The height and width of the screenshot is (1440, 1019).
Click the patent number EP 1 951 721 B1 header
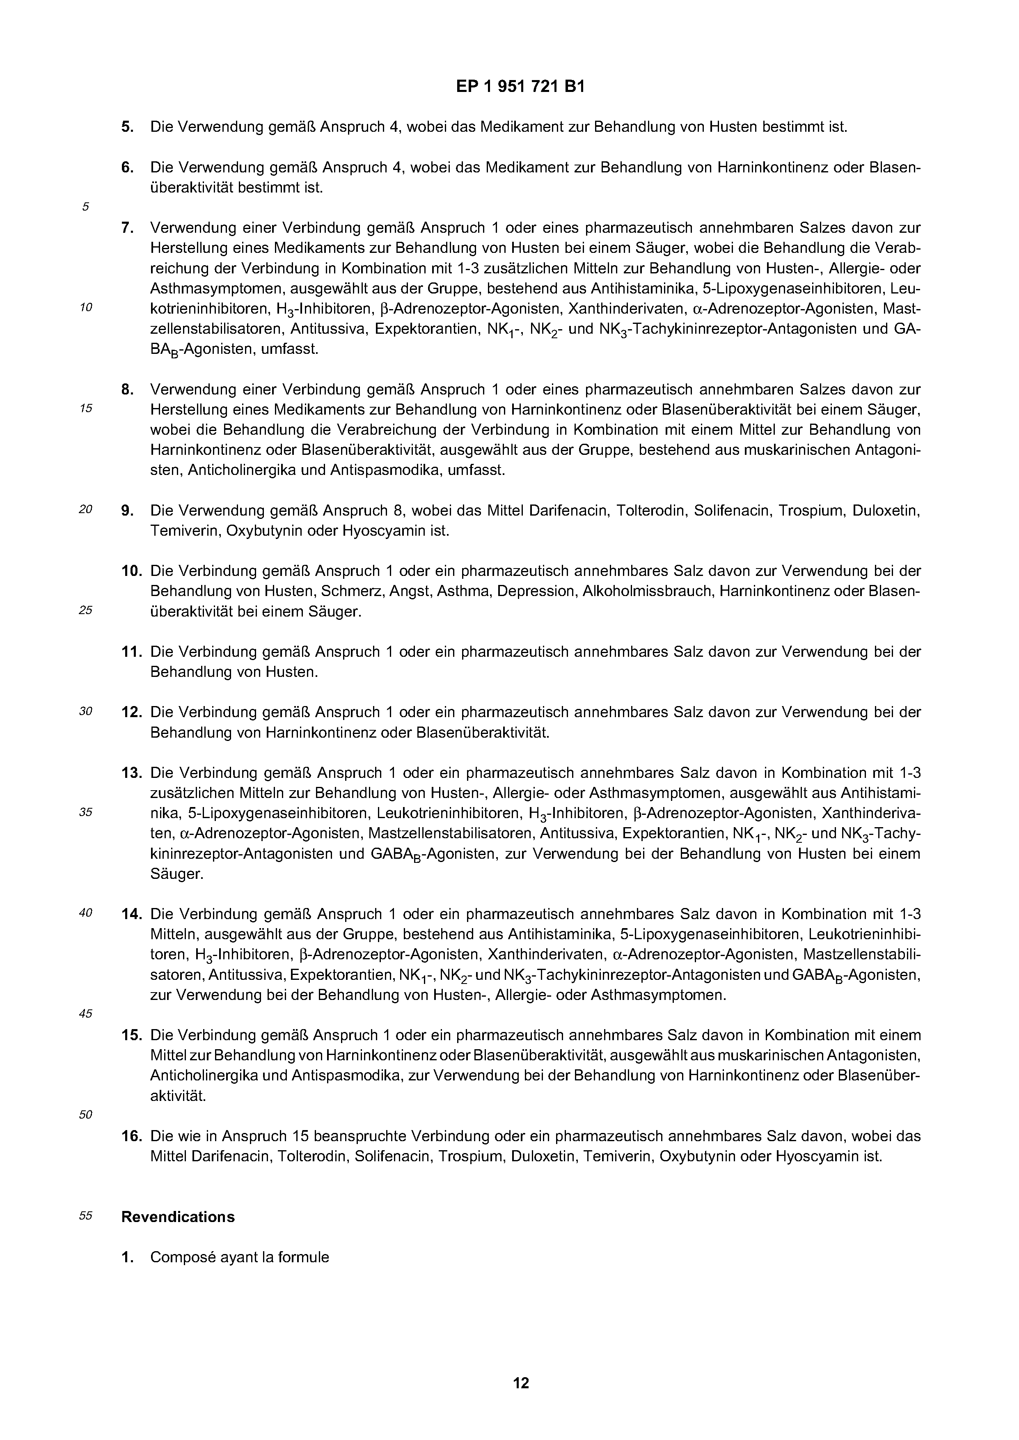520,87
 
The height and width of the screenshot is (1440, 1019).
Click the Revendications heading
178,1216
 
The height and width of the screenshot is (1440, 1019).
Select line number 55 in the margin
86,1215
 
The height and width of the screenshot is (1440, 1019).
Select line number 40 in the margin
86,913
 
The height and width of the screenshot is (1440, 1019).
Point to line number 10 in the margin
86,307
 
